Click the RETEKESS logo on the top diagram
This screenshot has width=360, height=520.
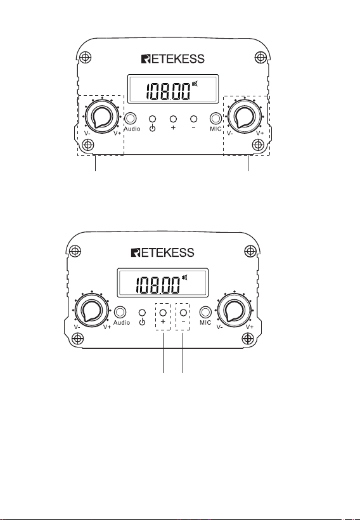(172, 59)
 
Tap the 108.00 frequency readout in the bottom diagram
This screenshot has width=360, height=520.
(157, 285)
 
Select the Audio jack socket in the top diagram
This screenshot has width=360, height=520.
(131, 119)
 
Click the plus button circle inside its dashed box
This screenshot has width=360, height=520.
(163, 313)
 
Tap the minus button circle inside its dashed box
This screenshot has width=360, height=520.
(183, 313)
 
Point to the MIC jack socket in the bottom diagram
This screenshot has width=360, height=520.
(205, 312)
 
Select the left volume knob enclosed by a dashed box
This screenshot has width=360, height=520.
(102, 117)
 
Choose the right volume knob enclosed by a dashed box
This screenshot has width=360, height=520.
(245, 117)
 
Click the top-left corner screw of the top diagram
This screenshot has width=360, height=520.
(86, 57)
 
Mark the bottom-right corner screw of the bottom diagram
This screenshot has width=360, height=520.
(248, 339)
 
